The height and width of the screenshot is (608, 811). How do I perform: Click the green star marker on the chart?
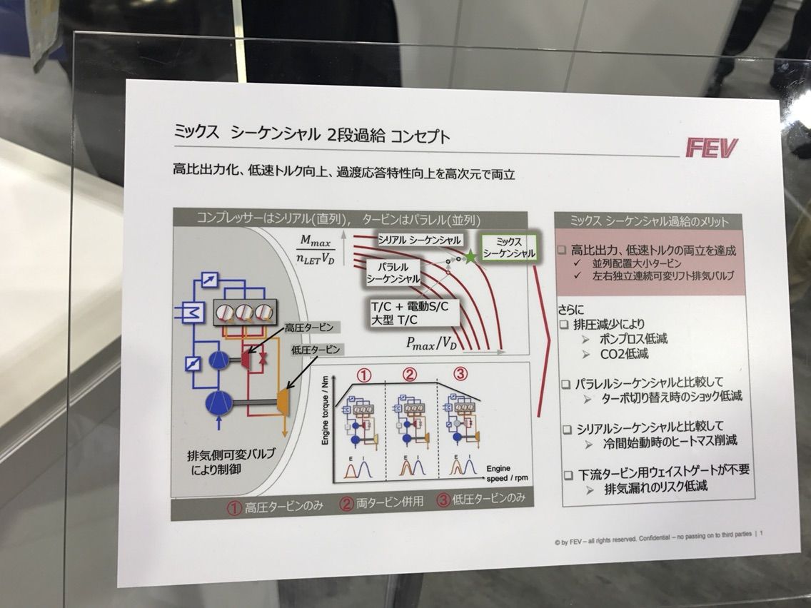(x=470, y=256)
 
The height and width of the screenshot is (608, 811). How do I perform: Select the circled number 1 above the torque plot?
(x=364, y=374)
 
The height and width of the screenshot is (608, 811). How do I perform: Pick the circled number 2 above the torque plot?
(x=409, y=373)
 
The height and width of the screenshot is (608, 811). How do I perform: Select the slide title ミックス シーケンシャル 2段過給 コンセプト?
(x=313, y=136)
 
